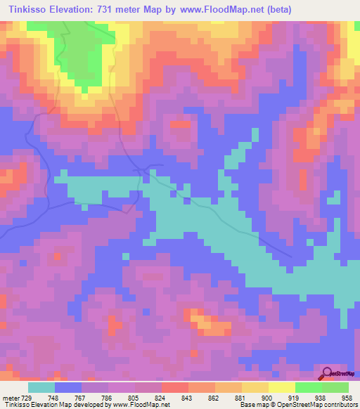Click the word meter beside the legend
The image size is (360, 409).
pos(10,397)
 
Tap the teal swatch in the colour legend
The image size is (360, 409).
pos(41,387)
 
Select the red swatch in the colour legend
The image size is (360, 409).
pos(175,387)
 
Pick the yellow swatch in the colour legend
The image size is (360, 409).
pos(255,387)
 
